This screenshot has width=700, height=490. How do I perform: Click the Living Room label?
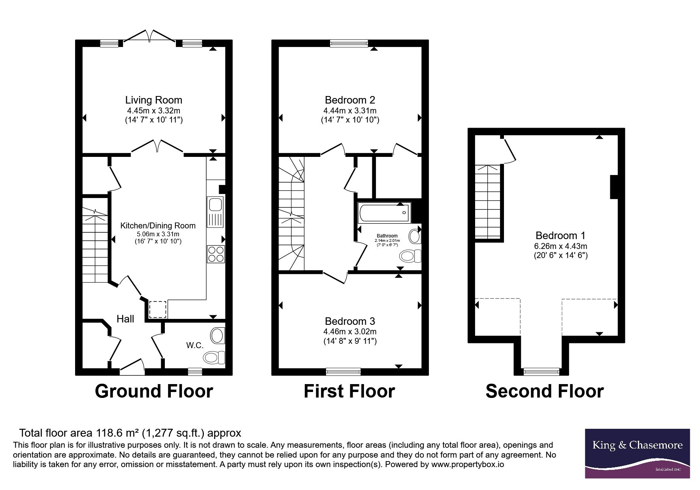click(x=154, y=100)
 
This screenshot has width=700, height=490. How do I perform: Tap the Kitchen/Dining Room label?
click(x=158, y=226)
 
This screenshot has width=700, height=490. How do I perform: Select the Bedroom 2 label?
click(x=350, y=100)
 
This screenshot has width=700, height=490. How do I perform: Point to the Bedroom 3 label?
click(x=350, y=321)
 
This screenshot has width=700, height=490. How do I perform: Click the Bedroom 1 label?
click(x=560, y=236)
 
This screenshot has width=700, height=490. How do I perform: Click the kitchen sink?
click(x=215, y=212)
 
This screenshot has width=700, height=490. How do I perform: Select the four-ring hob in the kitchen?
click(x=215, y=254)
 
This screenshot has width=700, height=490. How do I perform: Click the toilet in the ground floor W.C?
click(x=214, y=358)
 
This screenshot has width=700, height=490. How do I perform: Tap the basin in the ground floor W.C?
click(x=217, y=335)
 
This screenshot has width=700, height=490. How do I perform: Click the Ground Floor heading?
click(x=154, y=391)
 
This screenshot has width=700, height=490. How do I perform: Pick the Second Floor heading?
click(x=545, y=391)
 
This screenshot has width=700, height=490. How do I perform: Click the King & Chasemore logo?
click(x=637, y=454)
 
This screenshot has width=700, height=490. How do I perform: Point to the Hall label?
click(x=125, y=319)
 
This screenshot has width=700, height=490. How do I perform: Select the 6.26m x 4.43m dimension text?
click(x=560, y=246)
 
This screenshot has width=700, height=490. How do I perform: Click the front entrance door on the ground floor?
click(x=132, y=367)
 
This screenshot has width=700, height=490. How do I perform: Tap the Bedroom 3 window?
click(x=343, y=371)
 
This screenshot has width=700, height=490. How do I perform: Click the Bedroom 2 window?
click(x=349, y=43)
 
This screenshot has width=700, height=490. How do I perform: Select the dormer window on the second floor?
click(x=542, y=371)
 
